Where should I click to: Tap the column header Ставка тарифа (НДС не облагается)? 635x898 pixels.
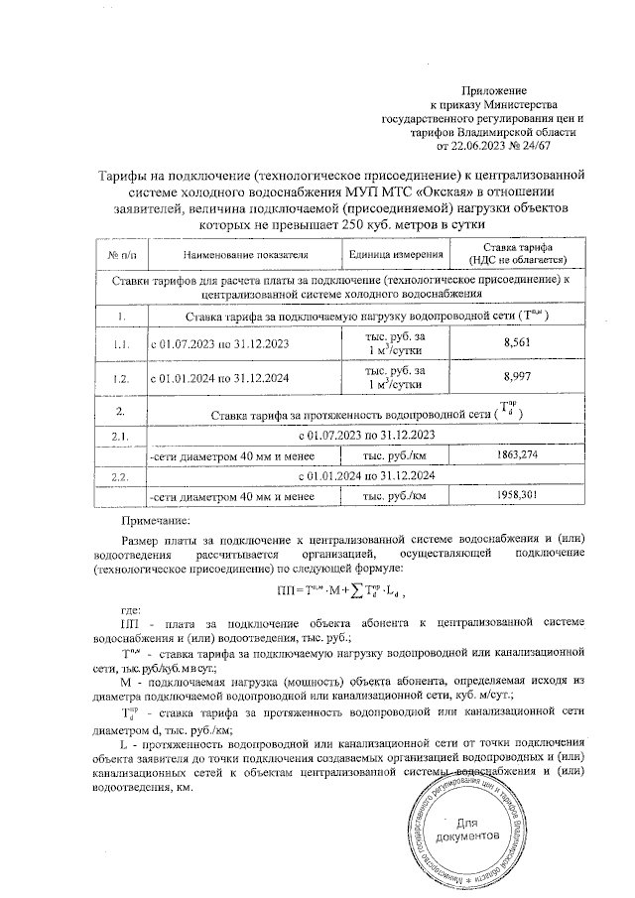point(517,255)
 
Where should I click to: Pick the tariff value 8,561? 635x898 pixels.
point(517,343)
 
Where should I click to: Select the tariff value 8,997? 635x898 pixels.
point(517,378)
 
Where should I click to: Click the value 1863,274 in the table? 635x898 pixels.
point(517,455)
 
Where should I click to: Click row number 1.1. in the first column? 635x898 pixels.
point(120,343)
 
